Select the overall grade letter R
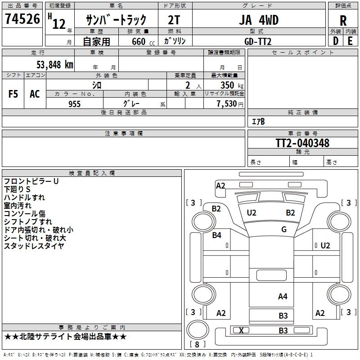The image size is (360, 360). [343, 20]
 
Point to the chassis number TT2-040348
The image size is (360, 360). [302, 143]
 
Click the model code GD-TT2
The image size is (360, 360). [258, 41]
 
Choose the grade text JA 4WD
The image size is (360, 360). [258, 20]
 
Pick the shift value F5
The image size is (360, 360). [13, 94]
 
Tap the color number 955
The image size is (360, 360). [74, 104]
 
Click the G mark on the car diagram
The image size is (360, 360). [284, 229]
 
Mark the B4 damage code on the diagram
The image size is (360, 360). [217, 235]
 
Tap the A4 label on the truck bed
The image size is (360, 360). [283, 296]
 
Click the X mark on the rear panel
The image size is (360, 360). [242, 330]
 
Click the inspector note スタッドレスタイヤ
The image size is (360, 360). [34, 246]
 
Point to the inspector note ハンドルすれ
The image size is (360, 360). [24, 198]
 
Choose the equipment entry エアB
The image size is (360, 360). [258, 121]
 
